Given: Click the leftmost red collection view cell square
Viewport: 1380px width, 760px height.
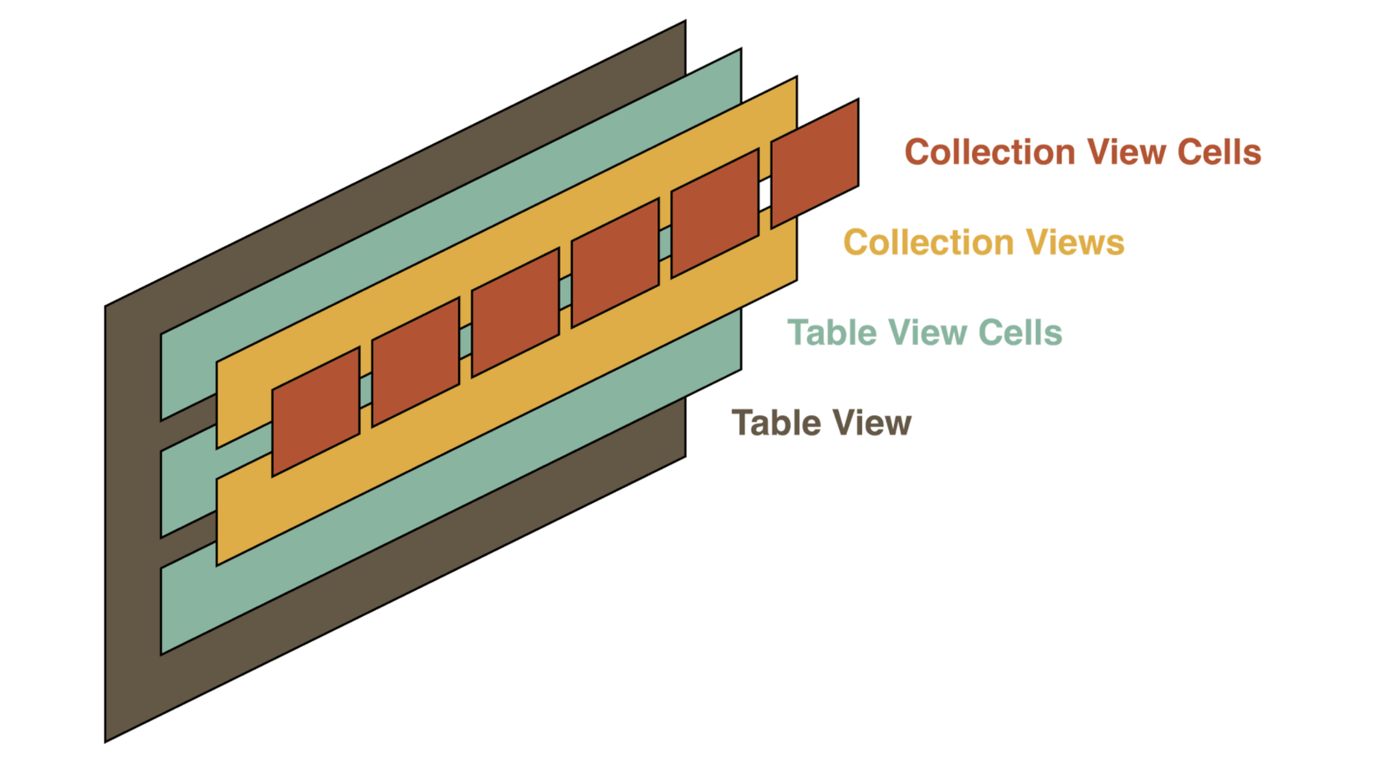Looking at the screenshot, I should click(315, 411).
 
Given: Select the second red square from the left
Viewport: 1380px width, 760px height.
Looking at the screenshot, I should click(416, 362).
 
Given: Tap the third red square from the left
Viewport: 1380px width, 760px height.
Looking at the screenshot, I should click(515, 312).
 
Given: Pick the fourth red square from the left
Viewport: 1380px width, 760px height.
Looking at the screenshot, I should click(615, 263).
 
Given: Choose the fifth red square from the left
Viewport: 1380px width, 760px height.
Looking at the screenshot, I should click(715, 213).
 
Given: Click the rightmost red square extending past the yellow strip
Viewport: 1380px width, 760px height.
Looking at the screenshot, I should click(815, 163).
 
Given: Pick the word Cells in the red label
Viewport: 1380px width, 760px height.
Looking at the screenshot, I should click(1219, 152).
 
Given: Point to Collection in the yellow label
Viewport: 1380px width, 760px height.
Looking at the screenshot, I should click(928, 243).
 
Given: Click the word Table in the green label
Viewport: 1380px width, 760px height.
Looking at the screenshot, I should click(831, 333).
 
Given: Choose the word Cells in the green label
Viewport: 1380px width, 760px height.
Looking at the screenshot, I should click(1020, 333).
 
